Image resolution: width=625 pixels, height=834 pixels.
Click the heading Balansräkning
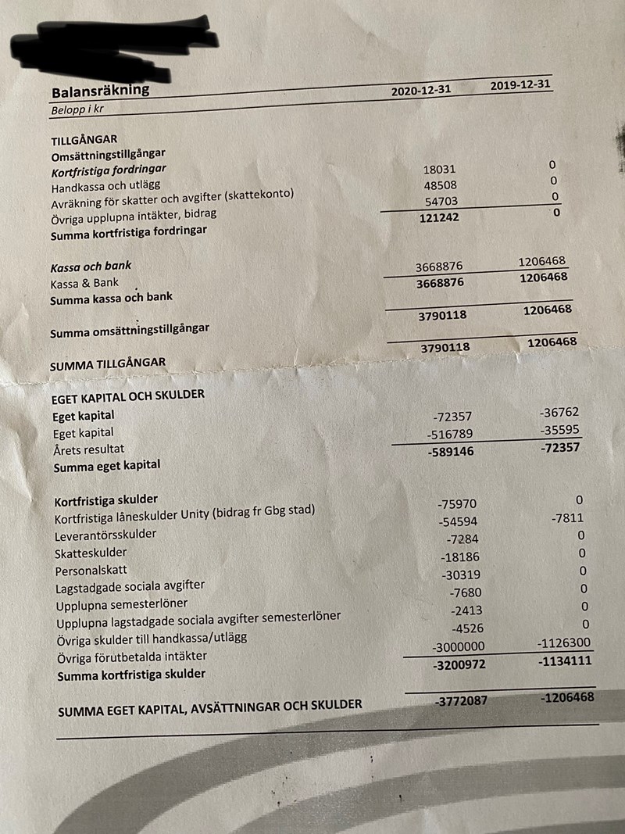point(100,91)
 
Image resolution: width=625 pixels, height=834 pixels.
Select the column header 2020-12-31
point(421,90)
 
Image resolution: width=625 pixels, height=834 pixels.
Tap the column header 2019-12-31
point(520,85)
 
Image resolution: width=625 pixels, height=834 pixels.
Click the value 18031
point(439,169)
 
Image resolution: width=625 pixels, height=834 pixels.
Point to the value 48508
point(439,186)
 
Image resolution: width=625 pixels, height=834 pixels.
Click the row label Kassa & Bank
point(85,283)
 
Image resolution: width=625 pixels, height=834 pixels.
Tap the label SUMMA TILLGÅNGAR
point(108,364)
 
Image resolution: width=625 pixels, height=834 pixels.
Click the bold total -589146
point(452,452)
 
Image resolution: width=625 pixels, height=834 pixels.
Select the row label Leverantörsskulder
point(105,535)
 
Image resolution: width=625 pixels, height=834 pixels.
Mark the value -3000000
point(459,647)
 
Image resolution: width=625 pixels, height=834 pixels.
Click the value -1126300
point(564,643)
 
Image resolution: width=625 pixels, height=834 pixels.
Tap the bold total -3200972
point(460,665)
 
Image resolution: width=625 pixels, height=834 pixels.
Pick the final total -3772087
point(460,700)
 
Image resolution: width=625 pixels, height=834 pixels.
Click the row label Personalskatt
point(91,570)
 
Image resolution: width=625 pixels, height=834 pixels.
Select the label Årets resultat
point(88,449)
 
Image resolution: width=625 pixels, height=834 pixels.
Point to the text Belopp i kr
point(77,109)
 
